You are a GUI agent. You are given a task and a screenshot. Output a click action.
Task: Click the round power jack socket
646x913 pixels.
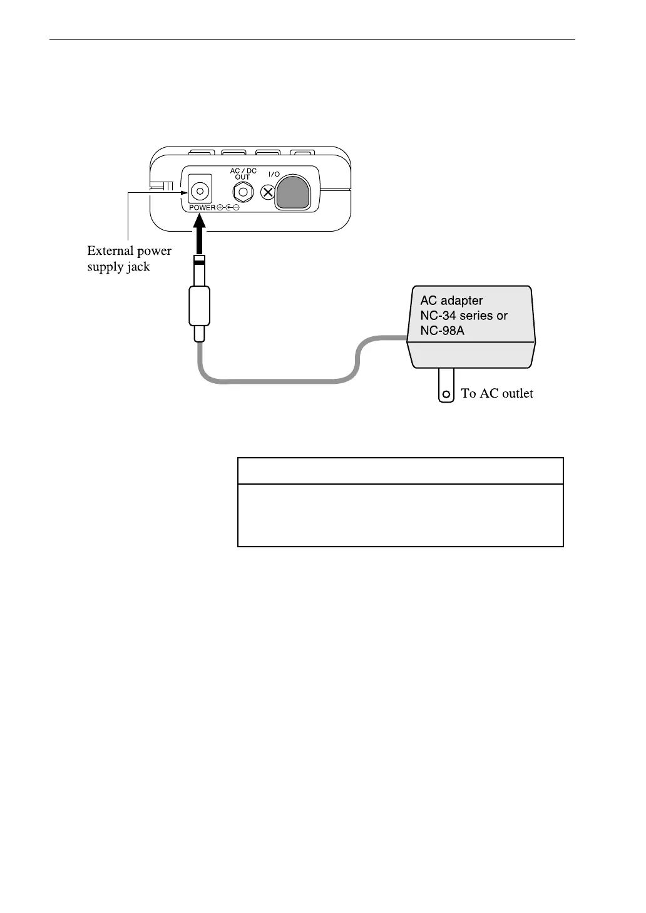pyautogui.click(x=200, y=190)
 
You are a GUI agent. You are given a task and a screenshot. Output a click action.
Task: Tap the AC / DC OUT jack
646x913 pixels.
pyautogui.click(x=243, y=192)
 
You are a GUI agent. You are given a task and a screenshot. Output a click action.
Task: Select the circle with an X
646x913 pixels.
pyautogui.click(x=268, y=192)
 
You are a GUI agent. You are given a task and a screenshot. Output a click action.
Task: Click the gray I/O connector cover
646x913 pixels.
pyautogui.click(x=293, y=191)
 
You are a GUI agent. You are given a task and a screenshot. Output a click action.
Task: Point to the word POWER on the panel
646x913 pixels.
pyautogui.click(x=202, y=207)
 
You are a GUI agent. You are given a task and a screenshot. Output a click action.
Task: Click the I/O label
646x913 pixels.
pyautogui.click(x=274, y=173)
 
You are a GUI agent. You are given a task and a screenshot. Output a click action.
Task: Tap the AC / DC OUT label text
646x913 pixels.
pyautogui.click(x=243, y=174)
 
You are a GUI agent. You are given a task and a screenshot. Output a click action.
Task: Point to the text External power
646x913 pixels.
pyautogui.click(x=129, y=251)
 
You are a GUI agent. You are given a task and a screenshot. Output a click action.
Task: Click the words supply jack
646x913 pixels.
pyautogui.click(x=118, y=267)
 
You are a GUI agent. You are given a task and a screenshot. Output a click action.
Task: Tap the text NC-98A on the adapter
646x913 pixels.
pyautogui.click(x=442, y=331)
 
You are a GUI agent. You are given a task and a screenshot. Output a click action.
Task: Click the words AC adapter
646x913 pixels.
pyautogui.click(x=451, y=301)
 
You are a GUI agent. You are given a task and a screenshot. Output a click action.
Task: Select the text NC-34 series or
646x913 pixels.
pyautogui.click(x=463, y=316)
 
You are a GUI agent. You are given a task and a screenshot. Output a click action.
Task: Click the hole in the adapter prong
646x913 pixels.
pyautogui.click(x=446, y=395)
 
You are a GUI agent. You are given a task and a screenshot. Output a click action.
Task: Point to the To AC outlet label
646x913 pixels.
pyautogui.click(x=497, y=393)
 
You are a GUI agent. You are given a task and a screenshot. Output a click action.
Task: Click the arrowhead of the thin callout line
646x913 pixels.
pyautogui.click(x=185, y=192)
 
